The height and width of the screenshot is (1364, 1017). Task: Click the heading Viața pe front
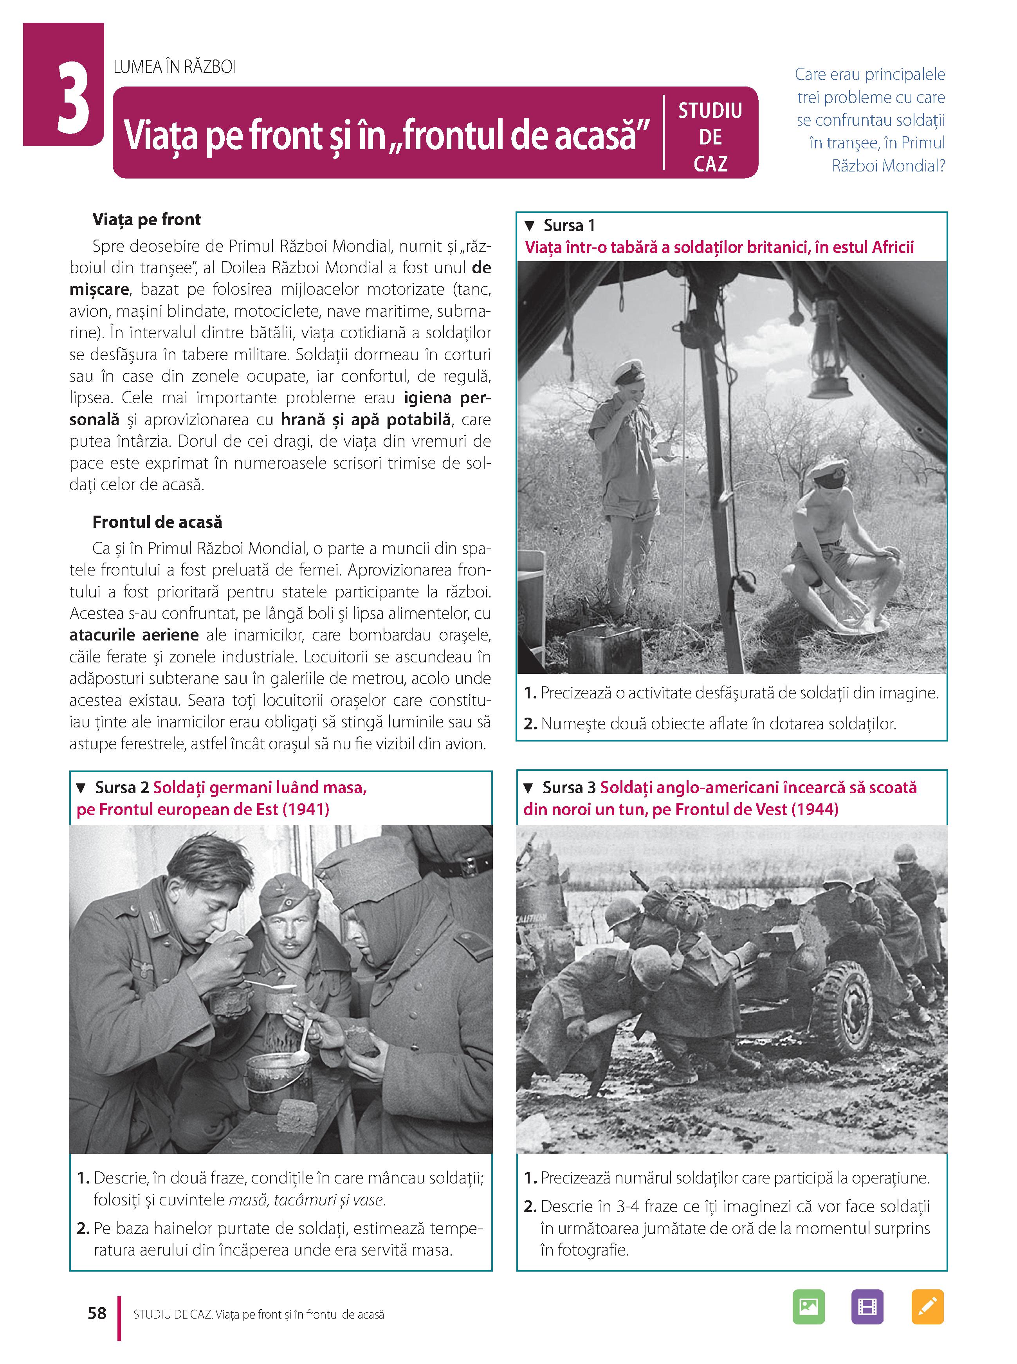(x=146, y=220)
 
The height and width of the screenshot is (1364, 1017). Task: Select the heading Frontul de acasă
(x=157, y=522)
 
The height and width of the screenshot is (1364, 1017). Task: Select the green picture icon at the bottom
(x=808, y=1306)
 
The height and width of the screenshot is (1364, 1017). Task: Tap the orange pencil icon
(x=927, y=1306)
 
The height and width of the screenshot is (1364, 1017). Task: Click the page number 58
(x=97, y=1313)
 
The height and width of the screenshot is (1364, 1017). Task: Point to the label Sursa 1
(x=569, y=225)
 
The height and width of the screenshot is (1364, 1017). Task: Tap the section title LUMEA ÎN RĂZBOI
(x=174, y=67)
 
